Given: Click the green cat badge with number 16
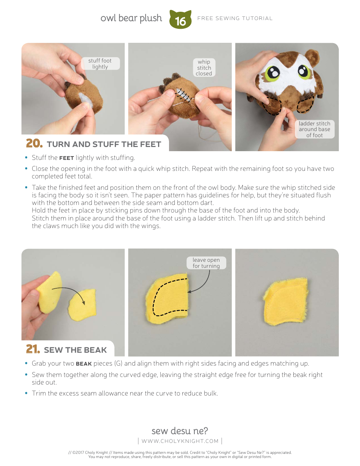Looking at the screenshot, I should [180, 20].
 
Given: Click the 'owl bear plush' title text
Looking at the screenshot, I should [131, 18].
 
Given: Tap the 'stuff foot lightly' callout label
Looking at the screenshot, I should [100, 64].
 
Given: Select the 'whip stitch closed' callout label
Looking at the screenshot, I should [204, 68].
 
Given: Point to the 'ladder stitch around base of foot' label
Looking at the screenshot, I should [315, 129].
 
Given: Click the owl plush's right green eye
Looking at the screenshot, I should [304, 70].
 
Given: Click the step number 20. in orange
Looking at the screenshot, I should [34, 144].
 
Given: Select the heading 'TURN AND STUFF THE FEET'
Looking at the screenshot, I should [104, 144].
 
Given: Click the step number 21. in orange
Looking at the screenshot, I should [33, 349].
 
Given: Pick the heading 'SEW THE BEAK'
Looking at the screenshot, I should [75, 350].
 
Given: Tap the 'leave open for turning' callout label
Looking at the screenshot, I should [206, 263].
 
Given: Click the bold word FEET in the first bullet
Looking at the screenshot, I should [66, 158].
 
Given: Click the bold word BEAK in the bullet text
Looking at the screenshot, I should [84, 364].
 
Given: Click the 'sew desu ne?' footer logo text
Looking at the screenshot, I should [180, 431].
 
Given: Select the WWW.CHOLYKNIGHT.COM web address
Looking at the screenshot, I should [180, 441].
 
